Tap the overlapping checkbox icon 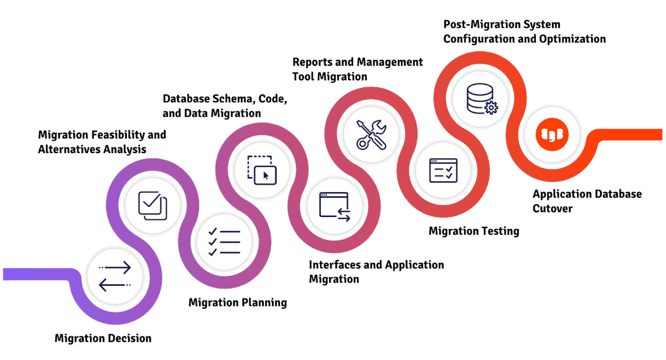(153, 205)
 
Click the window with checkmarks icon (443, 170)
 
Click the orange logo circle (550, 135)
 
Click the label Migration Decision (103, 338)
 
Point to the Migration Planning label (237, 302)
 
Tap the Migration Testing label (474, 231)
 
